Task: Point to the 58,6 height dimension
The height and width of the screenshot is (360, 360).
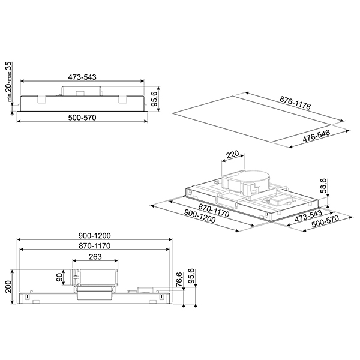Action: coord(324,187)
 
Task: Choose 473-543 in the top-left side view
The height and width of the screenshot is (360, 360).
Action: coord(82,77)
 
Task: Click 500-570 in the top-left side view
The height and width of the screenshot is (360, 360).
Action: coord(82,117)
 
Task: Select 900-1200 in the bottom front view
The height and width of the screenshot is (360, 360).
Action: coord(95,235)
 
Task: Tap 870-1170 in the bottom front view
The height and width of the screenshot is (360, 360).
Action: coord(95,246)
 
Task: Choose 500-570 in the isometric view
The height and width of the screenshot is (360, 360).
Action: coord(323,221)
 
